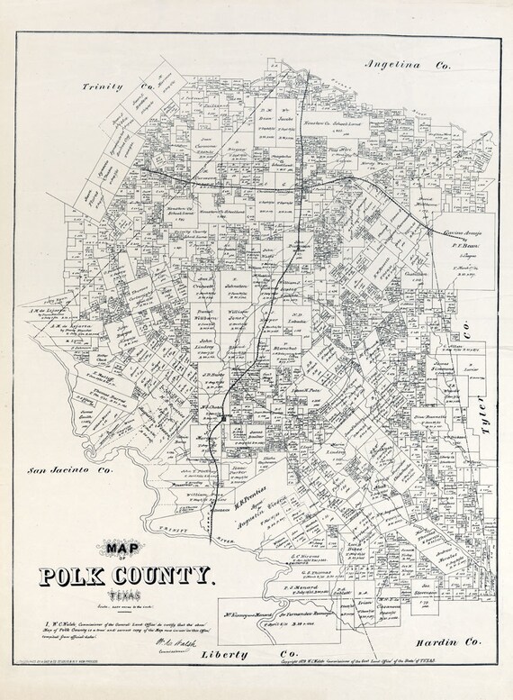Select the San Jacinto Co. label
70,470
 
